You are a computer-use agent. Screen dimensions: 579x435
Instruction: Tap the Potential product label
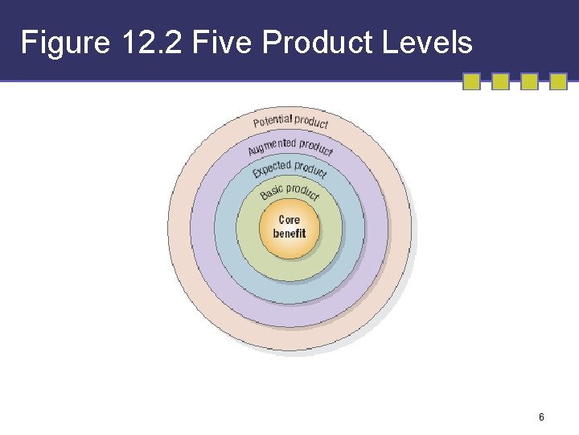click(x=290, y=122)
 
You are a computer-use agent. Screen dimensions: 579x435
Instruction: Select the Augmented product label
click(x=290, y=147)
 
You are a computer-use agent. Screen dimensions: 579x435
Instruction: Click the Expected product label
click(x=289, y=169)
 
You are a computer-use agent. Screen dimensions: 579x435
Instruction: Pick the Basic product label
click(x=289, y=193)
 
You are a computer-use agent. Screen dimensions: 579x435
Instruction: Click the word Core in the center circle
click(x=289, y=220)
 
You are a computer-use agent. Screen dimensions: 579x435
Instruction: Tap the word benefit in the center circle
click(x=289, y=234)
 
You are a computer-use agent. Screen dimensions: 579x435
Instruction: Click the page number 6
click(x=541, y=417)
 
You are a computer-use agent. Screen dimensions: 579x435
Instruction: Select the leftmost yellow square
click(x=472, y=81)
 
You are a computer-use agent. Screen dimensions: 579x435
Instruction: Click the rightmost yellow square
click(x=559, y=81)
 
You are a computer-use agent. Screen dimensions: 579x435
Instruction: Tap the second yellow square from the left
click(x=500, y=81)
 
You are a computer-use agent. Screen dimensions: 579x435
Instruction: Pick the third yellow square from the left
click(x=529, y=81)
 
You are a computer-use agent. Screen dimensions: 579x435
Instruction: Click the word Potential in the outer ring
click(x=272, y=122)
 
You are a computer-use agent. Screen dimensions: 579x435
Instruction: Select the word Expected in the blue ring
click(x=271, y=170)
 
